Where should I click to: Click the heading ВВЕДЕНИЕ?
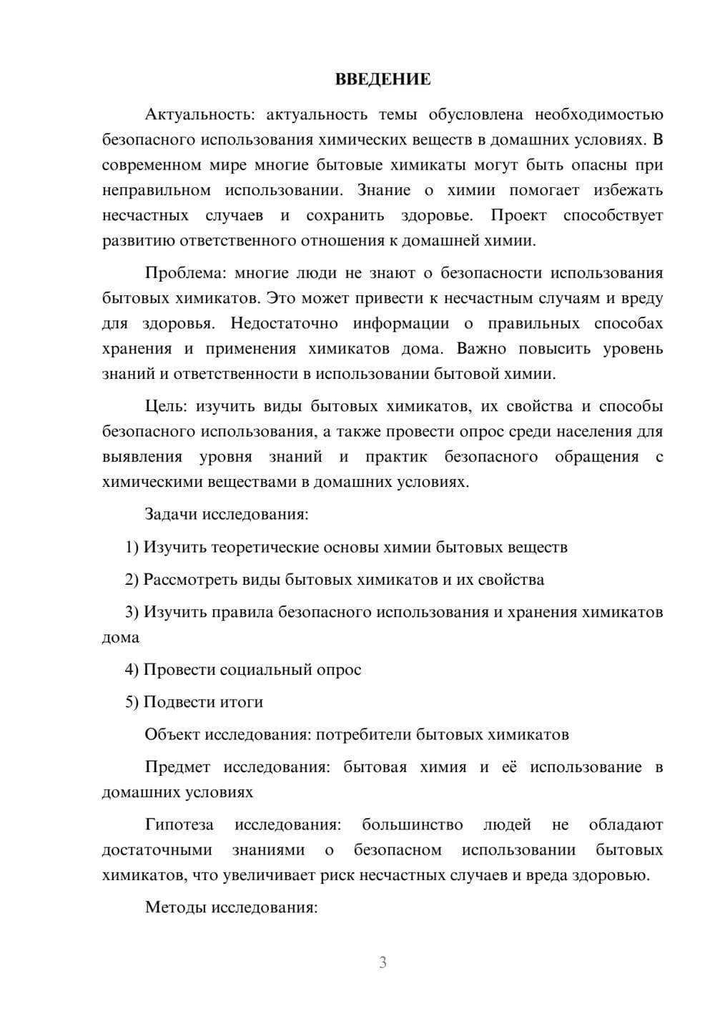coord(383,79)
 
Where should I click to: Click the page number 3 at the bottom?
coord(383,962)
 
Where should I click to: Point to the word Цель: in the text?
coord(165,406)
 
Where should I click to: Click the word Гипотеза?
coord(179,824)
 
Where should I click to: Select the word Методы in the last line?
coord(171,907)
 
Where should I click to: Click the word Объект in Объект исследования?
coord(172,734)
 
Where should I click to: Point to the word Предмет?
coord(177,767)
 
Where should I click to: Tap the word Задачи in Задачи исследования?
coord(171,514)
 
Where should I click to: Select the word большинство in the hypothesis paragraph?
coord(412,824)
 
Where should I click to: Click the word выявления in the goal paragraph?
coord(142,456)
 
